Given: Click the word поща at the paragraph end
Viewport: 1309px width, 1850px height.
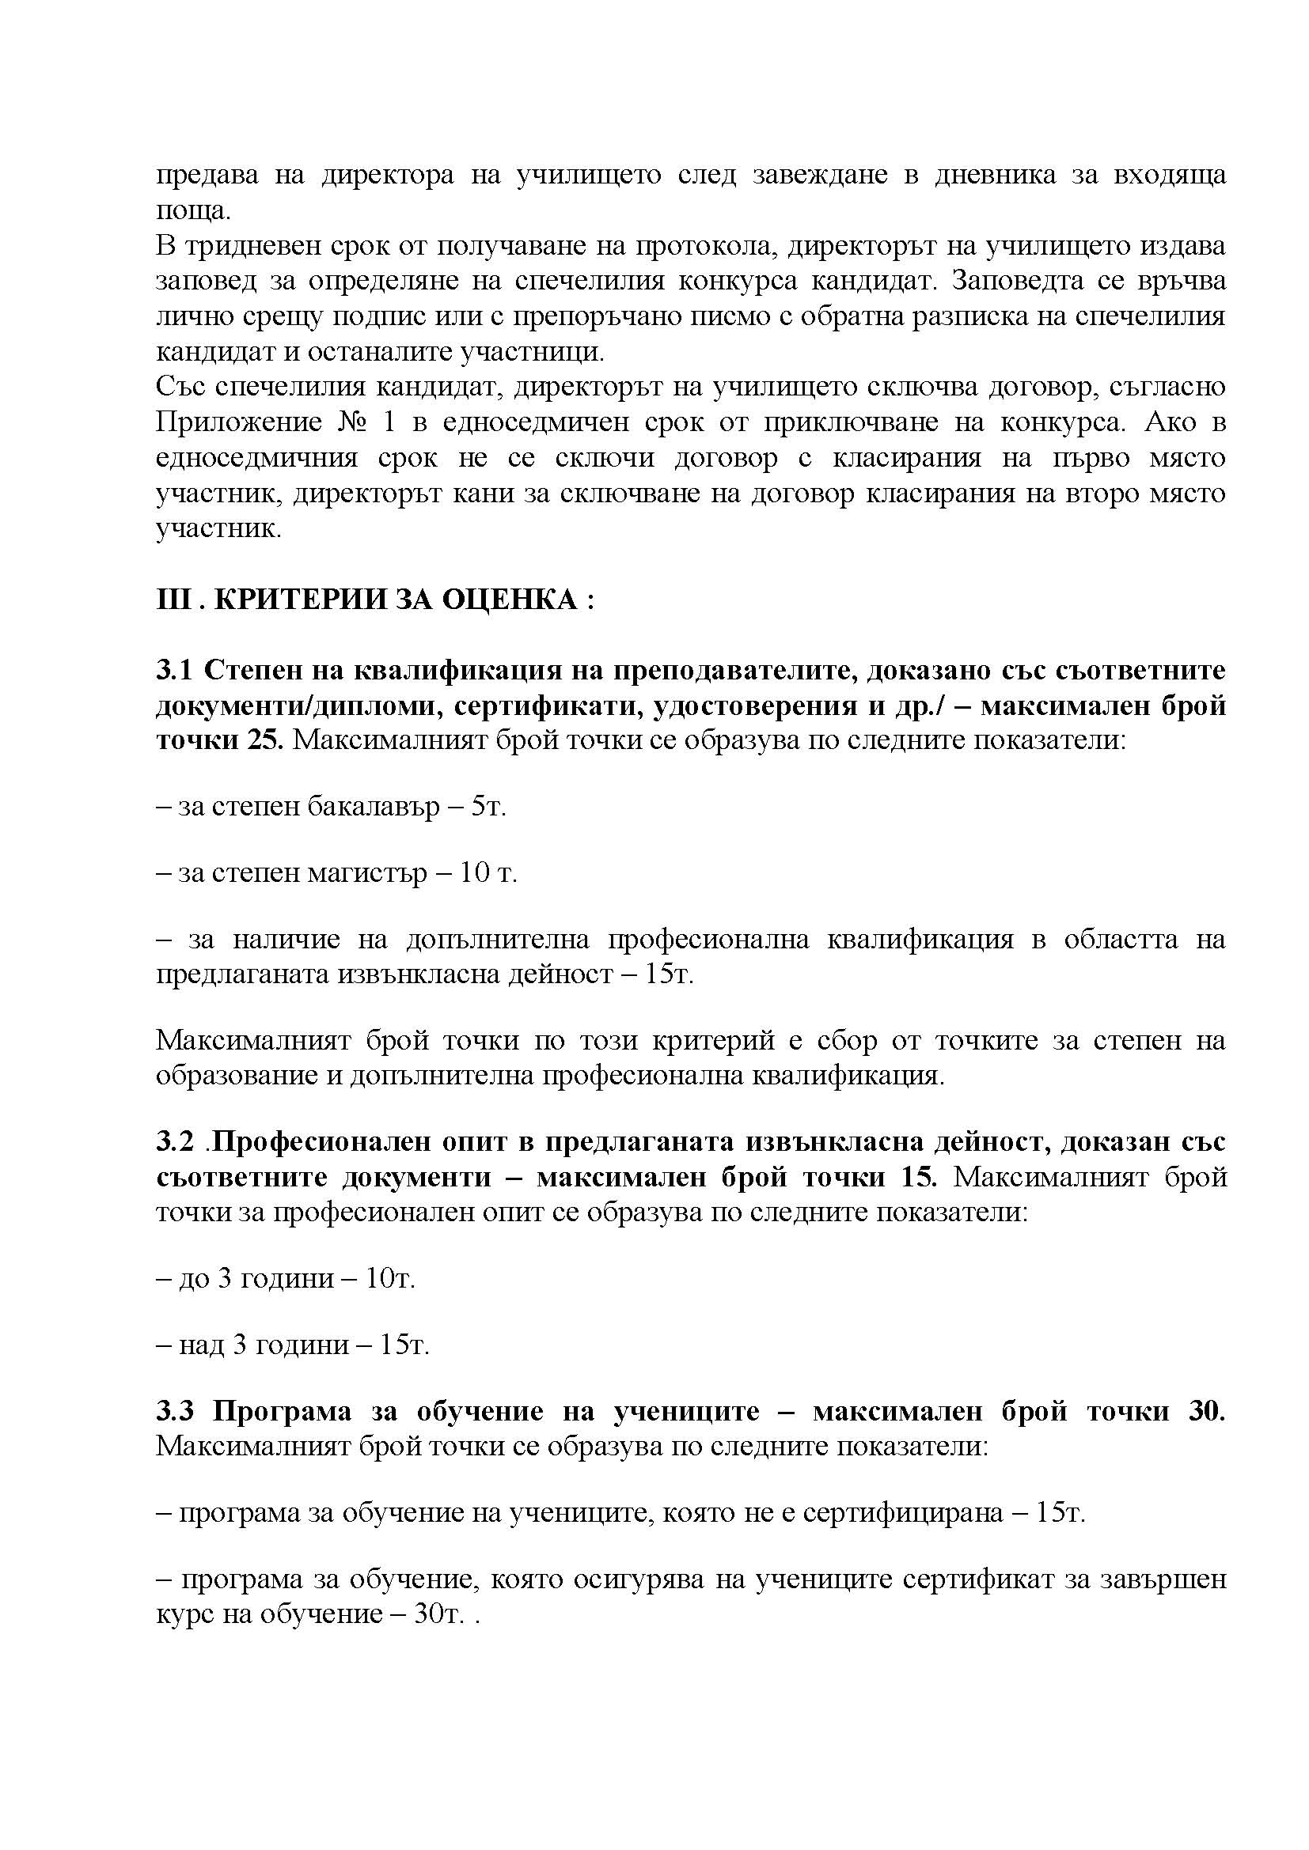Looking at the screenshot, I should tap(192, 212).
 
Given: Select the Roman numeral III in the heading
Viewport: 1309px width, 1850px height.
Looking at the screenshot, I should tap(171, 600).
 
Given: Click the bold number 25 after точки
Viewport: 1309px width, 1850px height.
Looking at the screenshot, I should tap(261, 741).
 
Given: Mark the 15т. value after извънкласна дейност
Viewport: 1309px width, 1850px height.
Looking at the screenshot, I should tap(669, 975).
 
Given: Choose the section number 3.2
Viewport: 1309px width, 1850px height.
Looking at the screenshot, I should tap(175, 1143).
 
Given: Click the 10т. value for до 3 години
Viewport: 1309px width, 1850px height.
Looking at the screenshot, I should tap(390, 1279).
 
